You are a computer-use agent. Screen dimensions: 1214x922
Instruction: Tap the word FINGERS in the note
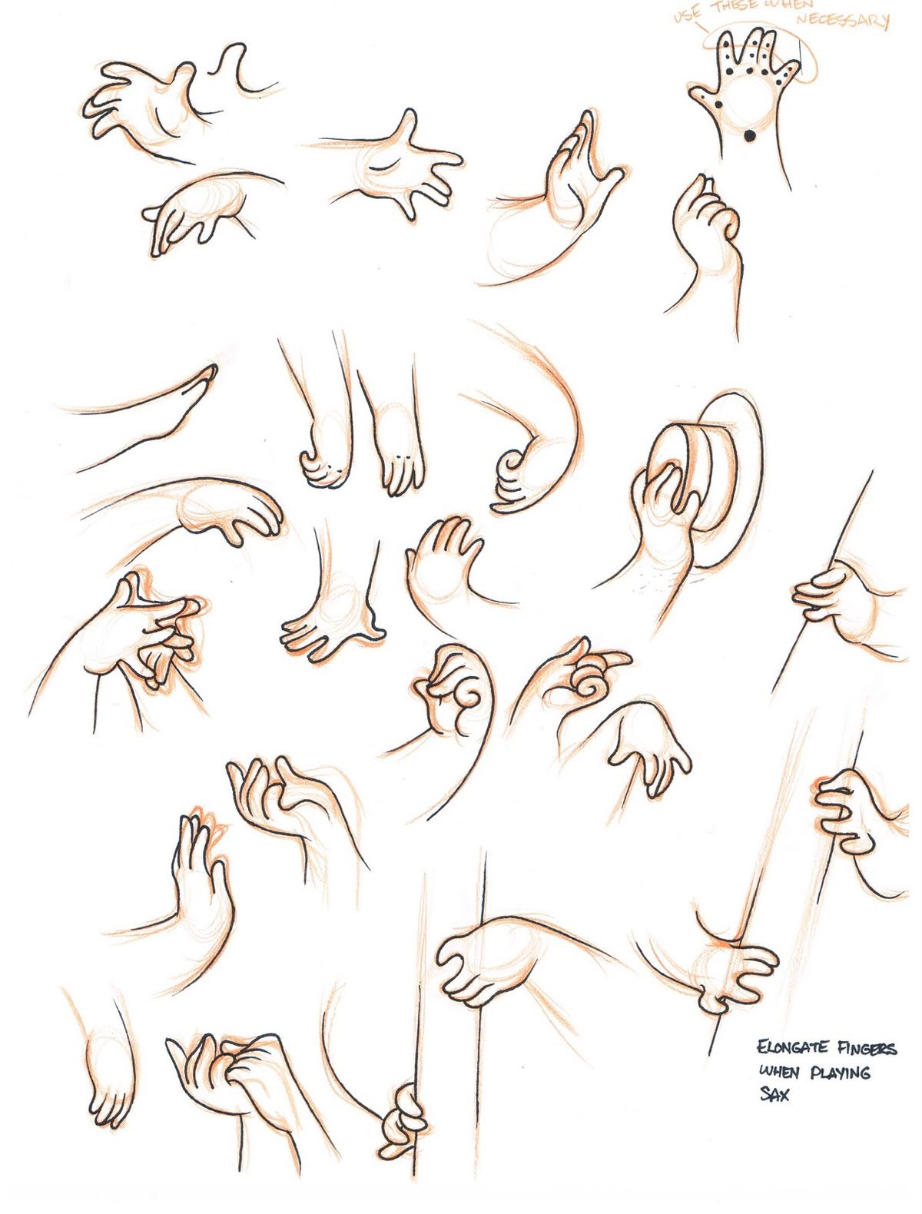point(866,1049)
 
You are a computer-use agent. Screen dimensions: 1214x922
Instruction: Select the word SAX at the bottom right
point(774,1094)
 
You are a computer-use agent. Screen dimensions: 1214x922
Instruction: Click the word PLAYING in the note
point(841,1072)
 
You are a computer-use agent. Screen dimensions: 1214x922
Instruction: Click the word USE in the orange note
point(687,14)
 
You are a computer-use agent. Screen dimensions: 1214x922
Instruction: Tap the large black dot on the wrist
point(748,136)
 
